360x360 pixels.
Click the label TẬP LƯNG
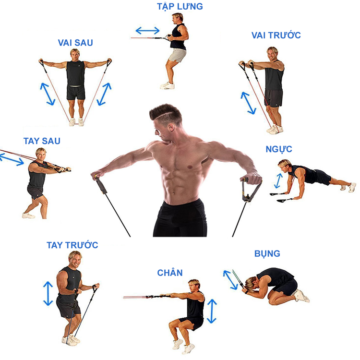coord(180,6)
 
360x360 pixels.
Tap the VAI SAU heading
coord(75,43)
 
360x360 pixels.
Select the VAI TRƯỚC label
coord(276,35)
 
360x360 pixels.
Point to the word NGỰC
coord(279,149)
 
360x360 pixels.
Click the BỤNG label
coord(267,254)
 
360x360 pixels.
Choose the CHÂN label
coord(170,273)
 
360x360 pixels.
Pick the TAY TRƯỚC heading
coord(72,245)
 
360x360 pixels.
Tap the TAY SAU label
coord(42,141)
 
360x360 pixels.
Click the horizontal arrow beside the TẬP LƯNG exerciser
coord(147,30)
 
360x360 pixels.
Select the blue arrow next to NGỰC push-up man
coord(278,181)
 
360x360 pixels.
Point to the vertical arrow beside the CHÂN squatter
coord(212,312)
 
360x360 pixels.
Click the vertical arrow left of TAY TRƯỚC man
coord(48,293)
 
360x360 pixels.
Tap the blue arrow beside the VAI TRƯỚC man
coord(248,103)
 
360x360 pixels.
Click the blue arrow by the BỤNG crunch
coord(230,280)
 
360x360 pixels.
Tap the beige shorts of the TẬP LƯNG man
coord(177,55)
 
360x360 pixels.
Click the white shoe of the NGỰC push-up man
coord(352,187)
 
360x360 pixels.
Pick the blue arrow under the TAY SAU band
coord(12,159)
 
